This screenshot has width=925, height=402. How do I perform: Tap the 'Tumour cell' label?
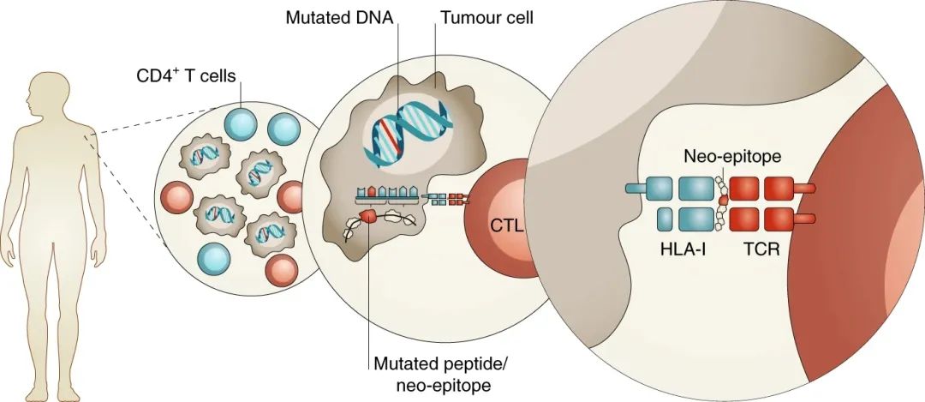tap(486, 17)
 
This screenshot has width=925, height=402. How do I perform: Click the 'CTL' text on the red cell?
tap(505, 225)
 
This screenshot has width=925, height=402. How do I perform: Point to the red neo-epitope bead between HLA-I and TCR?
tap(724, 201)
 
